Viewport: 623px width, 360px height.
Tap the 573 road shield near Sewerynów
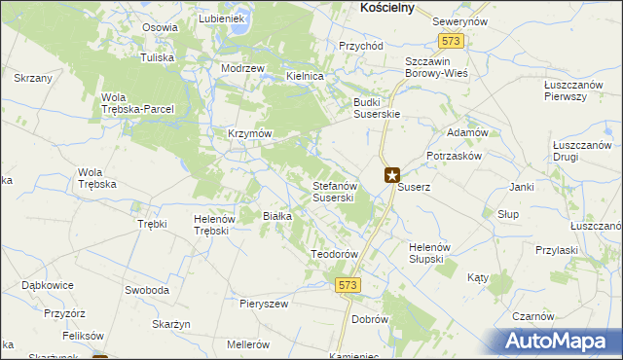coord(451,42)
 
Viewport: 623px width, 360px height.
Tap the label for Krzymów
coord(249,133)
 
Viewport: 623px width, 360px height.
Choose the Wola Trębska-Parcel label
coord(137,103)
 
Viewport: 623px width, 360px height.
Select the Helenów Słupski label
coord(426,252)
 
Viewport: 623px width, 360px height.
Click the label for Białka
coord(278,216)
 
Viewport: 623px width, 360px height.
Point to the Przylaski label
coord(557,250)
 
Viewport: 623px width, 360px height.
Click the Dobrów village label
coord(370,319)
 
